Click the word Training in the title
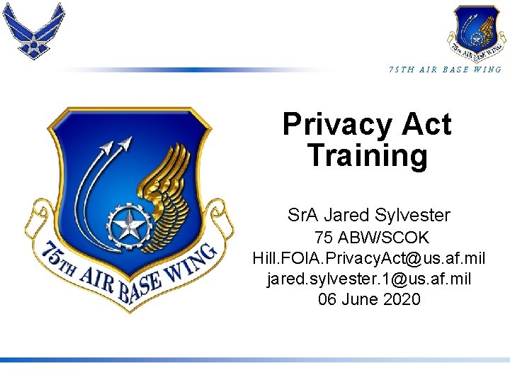click(x=368, y=155)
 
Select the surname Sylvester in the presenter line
click(x=415, y=215)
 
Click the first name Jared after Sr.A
click(x=348, y=215)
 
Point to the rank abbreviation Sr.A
click(x=303, y=215)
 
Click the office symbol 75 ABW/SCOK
click(x=372, y=238)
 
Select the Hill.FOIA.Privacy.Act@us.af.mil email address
click(x=368, y=258)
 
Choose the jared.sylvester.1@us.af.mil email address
click(x=368, y=279)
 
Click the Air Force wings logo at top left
click(x=33, y=30)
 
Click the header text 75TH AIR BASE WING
click(x=445, y=70)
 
